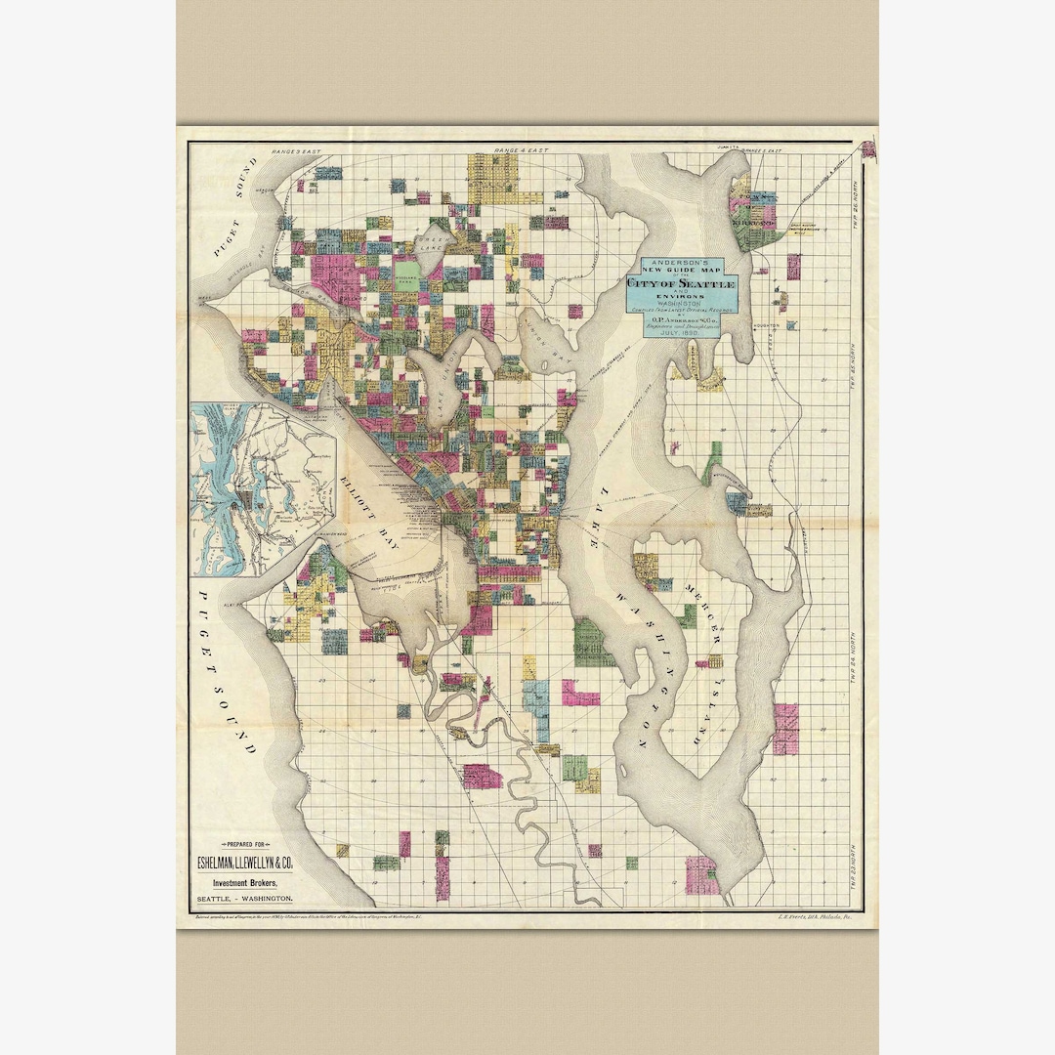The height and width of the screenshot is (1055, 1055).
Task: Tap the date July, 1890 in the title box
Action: pyautogui.click(x=681, y=333)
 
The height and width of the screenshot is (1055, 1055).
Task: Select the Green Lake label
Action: pyautogui.click(x=430, y=245)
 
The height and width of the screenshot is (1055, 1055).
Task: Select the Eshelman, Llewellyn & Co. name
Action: pyautogui.click(x=244, y=863)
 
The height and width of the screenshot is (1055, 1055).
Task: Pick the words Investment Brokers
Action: pyautogui.click(x=244, y=881)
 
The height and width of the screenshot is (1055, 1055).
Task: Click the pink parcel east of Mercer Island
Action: pyautogui.click(x=785, y=729)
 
